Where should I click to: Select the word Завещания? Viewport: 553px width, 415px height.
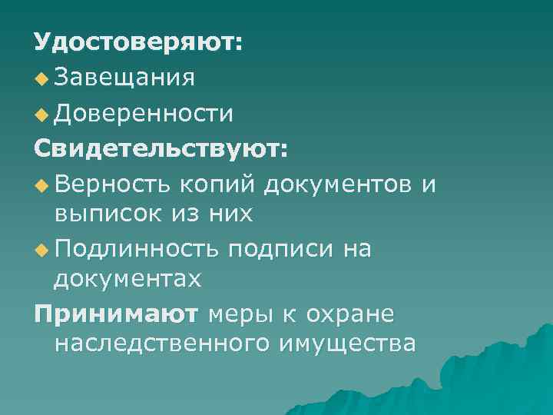125,77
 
